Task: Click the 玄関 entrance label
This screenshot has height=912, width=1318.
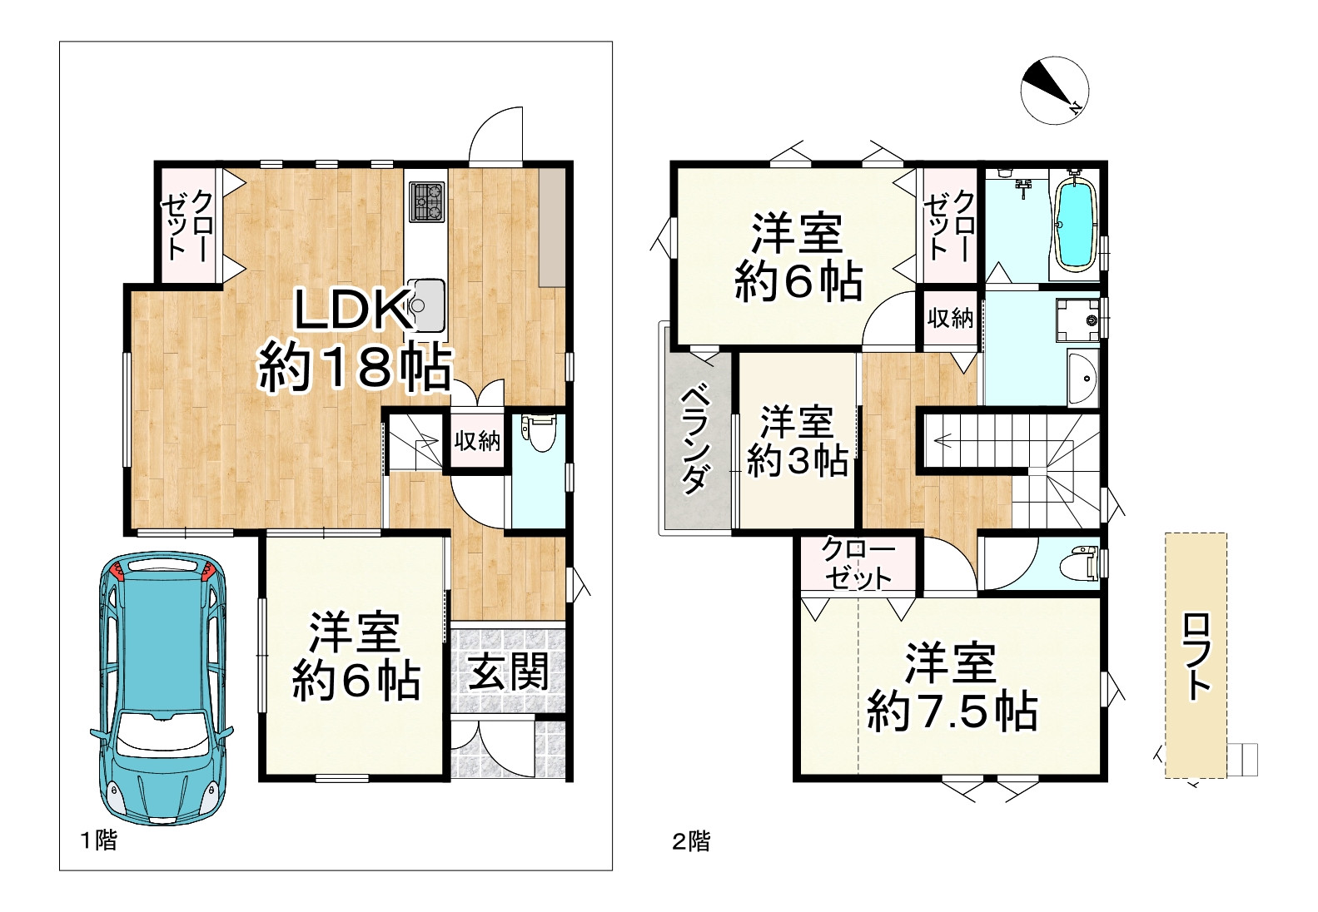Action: (508, 672)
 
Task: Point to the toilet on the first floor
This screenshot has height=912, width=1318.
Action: (539, 434)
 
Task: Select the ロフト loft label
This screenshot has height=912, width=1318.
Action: (1196, 656)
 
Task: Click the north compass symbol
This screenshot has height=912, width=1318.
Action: (1055, 91)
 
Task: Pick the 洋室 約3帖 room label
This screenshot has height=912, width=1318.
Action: (797, 441)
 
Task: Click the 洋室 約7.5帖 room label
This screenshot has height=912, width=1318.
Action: (952, 687)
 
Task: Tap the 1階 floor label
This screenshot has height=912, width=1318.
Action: (98, 840)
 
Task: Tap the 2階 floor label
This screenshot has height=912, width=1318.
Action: (691, 841)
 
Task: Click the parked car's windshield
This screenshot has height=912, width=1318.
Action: (163, 733)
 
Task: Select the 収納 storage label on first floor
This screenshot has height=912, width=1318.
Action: (477, 441)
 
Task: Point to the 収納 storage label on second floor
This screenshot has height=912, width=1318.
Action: (950, 317)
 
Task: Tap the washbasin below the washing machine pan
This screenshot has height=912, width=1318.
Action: (1083, 379)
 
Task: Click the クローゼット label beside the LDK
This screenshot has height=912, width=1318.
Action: (189, 226)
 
